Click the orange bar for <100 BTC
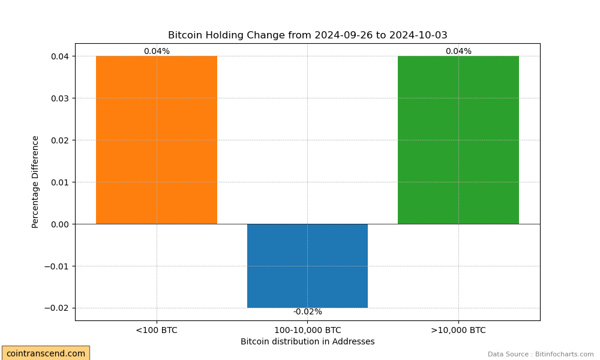[157, 140]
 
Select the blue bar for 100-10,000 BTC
[307, 266]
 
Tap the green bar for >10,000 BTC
[458, 140]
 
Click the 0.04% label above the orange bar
[157, 51]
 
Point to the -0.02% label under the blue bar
[308, 312]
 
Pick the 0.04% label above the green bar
[458, 51]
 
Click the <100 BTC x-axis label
[157, 330]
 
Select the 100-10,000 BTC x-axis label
[308, 330]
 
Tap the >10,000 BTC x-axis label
[458, 330]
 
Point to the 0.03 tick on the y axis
[60, 98]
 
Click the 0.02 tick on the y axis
[60, 140]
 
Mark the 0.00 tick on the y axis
[60, 224]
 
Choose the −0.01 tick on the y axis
[57, 266]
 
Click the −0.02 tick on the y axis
[57, 308]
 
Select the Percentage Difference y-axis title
[35, 182]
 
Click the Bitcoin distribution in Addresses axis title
[308, 341]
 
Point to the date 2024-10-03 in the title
[418, 35]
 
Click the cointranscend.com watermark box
[46, 353]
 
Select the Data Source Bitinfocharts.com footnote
[541, 354]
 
